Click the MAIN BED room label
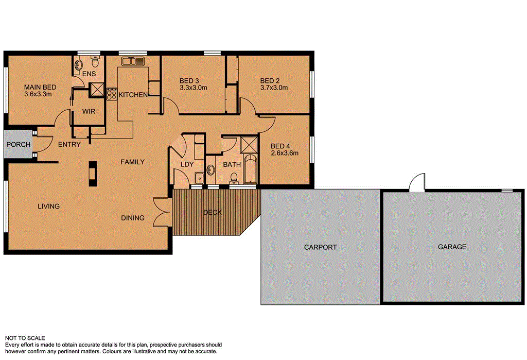[40, 87]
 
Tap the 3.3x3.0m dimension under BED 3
[193, 88]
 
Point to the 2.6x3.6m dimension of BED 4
[285, 152]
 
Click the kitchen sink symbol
[133, 62]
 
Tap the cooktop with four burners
[112, 94]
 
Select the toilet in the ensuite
[95, 62]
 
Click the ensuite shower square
[96, 90]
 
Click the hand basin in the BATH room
[212, 170]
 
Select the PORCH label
[18, 145]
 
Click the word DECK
[212, 212]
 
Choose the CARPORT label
[320, 247]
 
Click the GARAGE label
[452, 247]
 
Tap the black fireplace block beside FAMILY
[92, 173]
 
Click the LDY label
[187, 164]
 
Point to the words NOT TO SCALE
[25, 338]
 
